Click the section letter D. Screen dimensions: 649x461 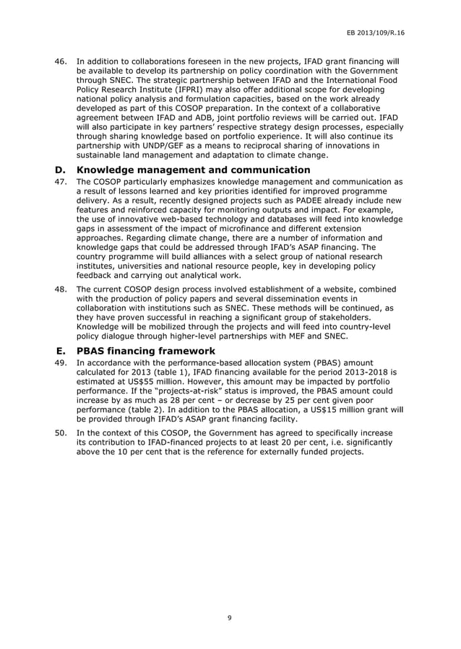coord(61,170)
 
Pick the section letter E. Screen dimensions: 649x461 coord(61,350)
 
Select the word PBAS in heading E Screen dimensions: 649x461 coord(97,350)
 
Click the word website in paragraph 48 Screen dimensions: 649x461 coord(337,289)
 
